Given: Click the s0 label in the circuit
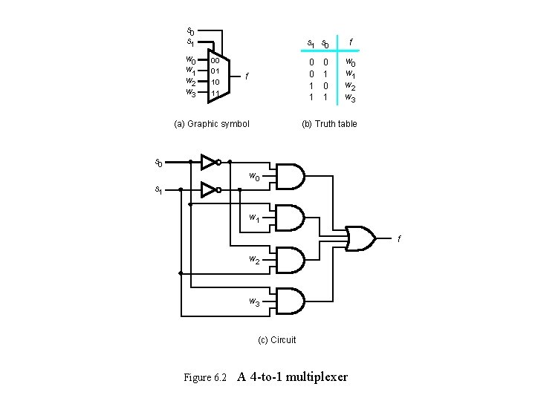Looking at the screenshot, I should [158, 161].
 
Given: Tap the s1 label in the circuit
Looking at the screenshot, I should [158, 190].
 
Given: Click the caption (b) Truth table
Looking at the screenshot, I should [328, 123].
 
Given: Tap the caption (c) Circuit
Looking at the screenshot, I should [276, 340].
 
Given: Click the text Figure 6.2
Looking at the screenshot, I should [204, 377].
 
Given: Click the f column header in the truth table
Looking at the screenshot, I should [351, 42].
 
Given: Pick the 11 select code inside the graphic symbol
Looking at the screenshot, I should [214, 94].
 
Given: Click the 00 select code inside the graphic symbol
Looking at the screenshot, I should [214, 60].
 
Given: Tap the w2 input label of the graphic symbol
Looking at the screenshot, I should [190, 82].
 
